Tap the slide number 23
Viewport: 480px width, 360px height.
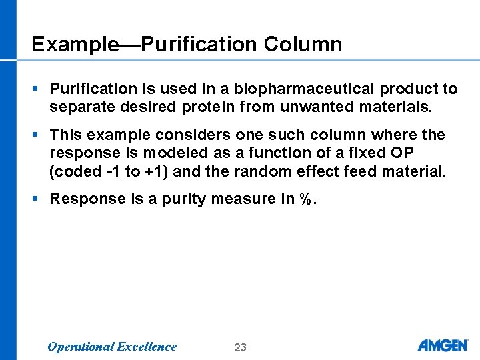241,347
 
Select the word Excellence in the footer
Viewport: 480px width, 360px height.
147,346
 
